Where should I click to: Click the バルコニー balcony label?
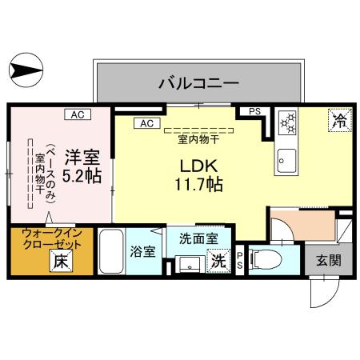click(198, 81)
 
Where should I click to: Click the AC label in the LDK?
click(146, 123)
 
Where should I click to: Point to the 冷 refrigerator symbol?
click(339, 122)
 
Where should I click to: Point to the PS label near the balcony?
click(254, 112)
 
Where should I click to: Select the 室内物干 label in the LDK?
click(198, 137)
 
